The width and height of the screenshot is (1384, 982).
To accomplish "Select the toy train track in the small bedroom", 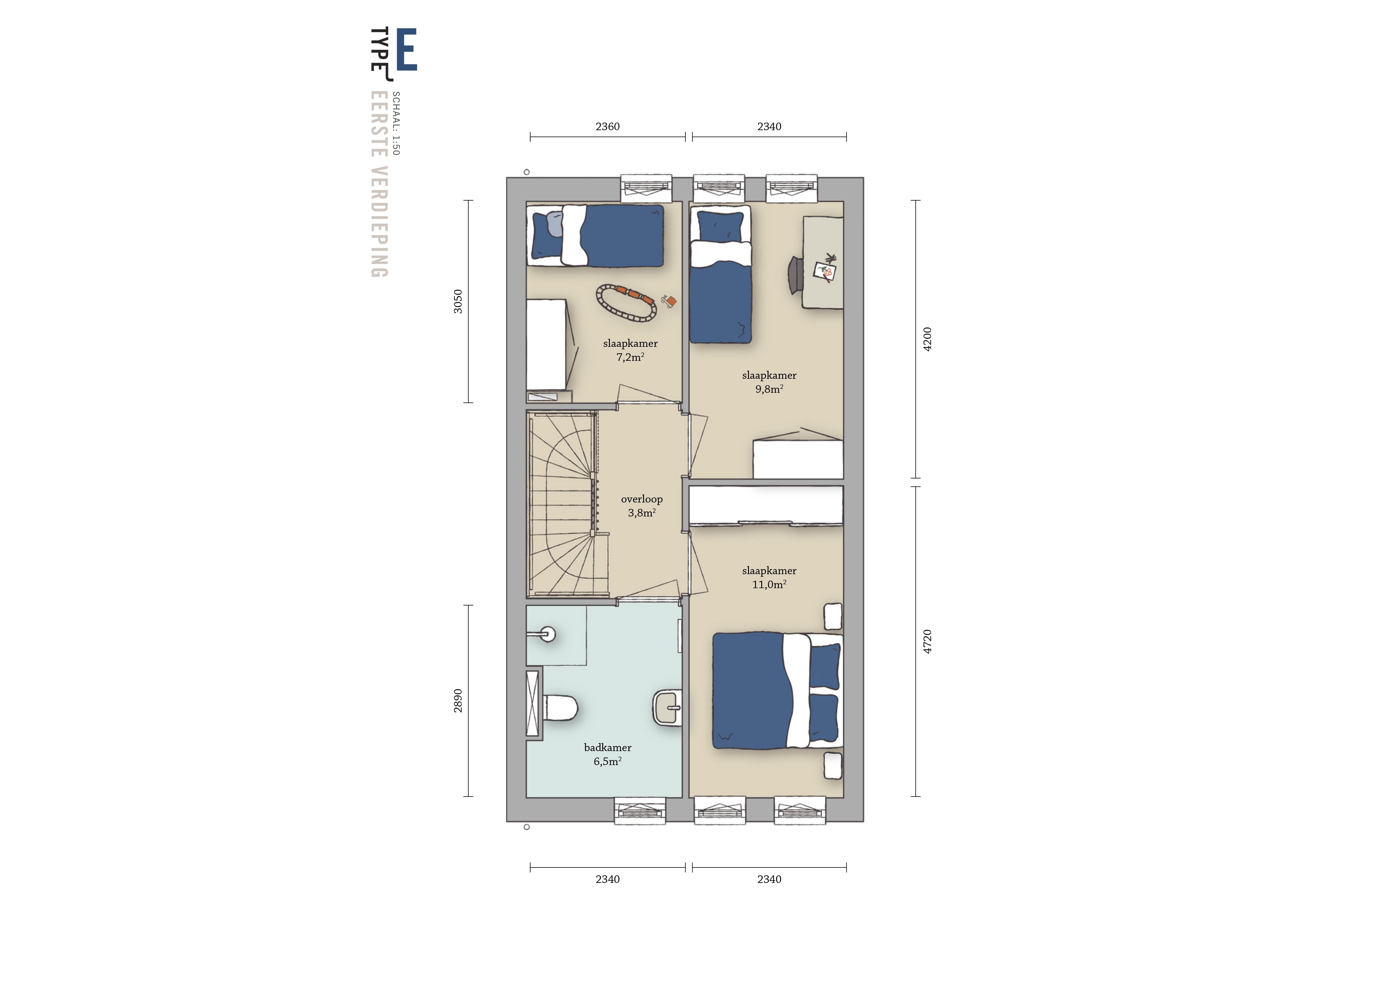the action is (626, 302).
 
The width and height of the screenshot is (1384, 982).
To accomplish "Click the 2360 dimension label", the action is (607, 126).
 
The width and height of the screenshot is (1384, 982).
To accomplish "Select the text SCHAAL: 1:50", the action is (396, 123).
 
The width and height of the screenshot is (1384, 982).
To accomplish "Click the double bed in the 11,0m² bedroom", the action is (777, 691).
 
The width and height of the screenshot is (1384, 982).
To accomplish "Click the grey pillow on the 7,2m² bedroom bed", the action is (554, 224).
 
